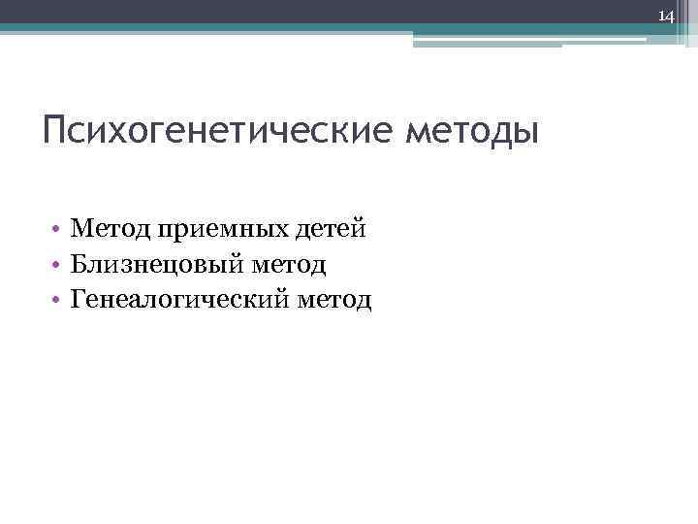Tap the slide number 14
pos(667,16)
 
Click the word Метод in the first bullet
pos(104,229)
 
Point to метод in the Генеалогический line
pos(336,299)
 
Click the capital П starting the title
pos(55,130)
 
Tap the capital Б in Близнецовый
pos(79,263)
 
